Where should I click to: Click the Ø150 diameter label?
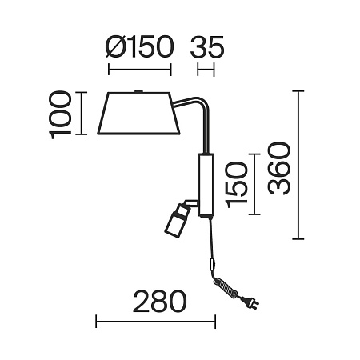pos(139,47)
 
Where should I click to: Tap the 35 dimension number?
pos(207,47)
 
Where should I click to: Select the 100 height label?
pos(61,114)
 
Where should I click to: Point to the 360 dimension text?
pos(278,169)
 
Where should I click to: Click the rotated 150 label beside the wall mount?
pos(236,185)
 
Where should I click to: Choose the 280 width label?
pos(159,301)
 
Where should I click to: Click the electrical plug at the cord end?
pos(250,302)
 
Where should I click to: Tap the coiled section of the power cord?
pos(225,287)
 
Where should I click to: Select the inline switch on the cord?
pos(212,264)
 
